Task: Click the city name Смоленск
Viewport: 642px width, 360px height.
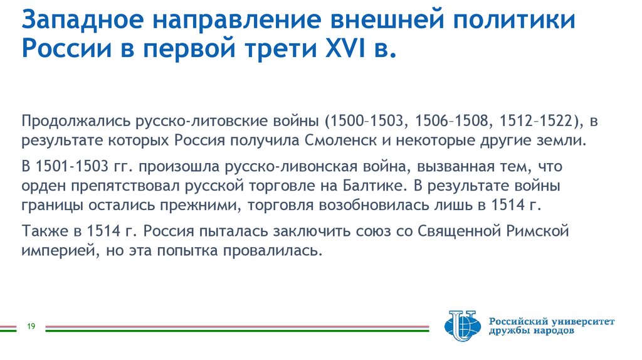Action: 335,139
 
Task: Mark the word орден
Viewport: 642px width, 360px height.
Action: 41,186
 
